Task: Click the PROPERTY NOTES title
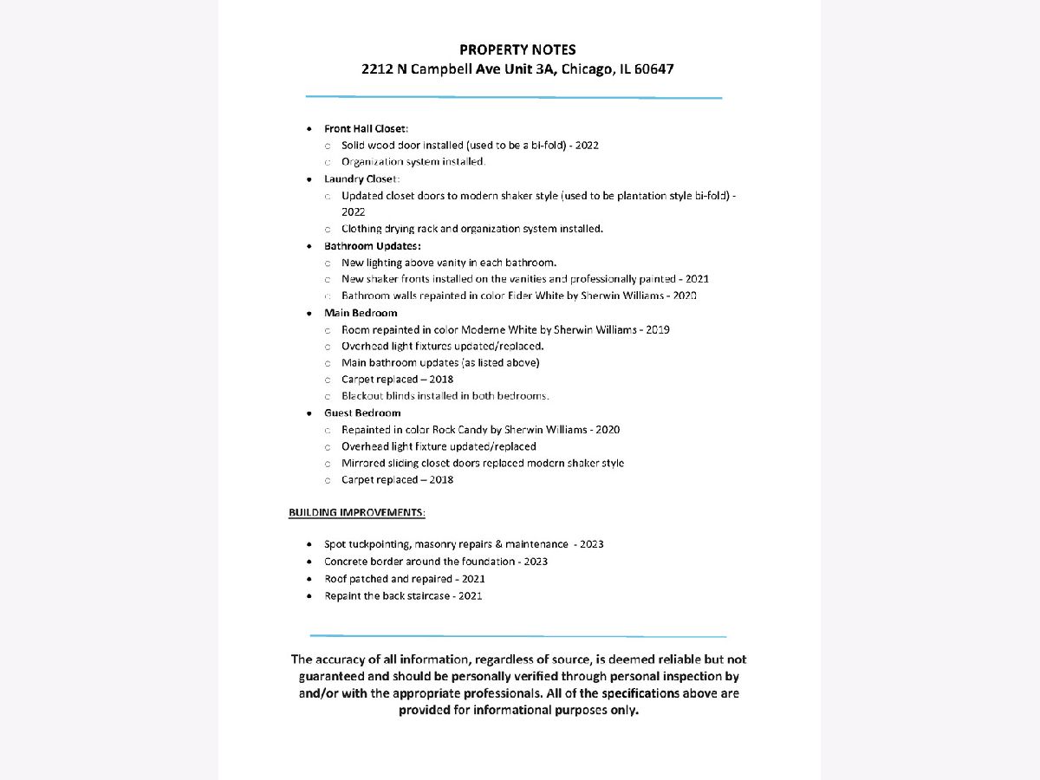(517, 50)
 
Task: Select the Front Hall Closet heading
(360, 128)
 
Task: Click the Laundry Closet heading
(361, 179)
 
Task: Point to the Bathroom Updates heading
(373, 246)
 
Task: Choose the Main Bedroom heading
(361, 313)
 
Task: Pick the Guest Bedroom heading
(362, 413)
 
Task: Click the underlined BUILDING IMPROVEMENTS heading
(356, 512)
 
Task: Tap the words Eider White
(535, 296)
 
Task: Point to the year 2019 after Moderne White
(656, 329)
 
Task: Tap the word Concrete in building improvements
(344, 562)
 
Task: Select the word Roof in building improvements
(335, 579)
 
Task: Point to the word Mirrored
(363, 464)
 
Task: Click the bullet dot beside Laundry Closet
(309, 179)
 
